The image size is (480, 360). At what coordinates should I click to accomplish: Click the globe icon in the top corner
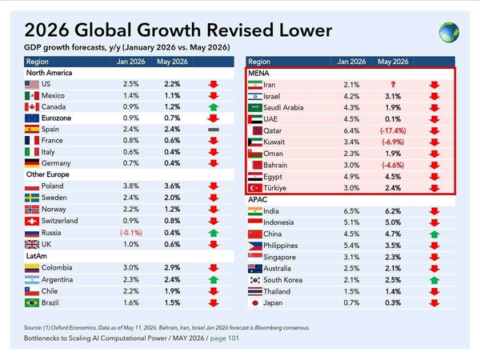(x=449, y=32)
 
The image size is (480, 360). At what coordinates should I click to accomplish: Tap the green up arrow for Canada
(x=214, y=107)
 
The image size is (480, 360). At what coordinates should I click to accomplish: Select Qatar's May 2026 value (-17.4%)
(x=393, y=131)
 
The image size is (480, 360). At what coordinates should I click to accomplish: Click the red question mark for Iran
(x=393, y=85)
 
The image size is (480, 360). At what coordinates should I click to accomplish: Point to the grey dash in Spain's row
(x=214, y=130)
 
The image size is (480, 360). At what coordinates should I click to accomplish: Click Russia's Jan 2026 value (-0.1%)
(x=131, y=233)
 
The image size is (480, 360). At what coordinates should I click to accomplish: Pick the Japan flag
(x=255, y=303)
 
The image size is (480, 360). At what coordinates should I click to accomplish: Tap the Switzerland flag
(x=32, y=221)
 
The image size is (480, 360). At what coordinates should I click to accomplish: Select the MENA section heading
(x=258, y=73)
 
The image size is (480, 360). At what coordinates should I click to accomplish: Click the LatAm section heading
(x=37, y=256)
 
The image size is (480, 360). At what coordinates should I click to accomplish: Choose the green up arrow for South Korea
(x=434, y=280)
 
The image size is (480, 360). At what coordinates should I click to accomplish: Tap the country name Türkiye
(x=275, y=188)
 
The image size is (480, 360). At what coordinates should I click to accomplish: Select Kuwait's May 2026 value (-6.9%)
(x=393, y=142)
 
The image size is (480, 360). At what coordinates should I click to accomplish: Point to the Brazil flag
(x=32, y=303)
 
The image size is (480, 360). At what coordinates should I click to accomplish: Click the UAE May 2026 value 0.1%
(x=393, y=119)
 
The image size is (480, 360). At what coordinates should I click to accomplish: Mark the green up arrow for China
(x=434, y=234)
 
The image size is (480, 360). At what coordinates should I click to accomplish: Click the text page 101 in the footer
(x=224, y=338)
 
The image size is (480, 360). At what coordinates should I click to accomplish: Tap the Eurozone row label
(x=56, y=118)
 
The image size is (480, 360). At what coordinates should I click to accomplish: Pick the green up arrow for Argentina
(x=214, y=280)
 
